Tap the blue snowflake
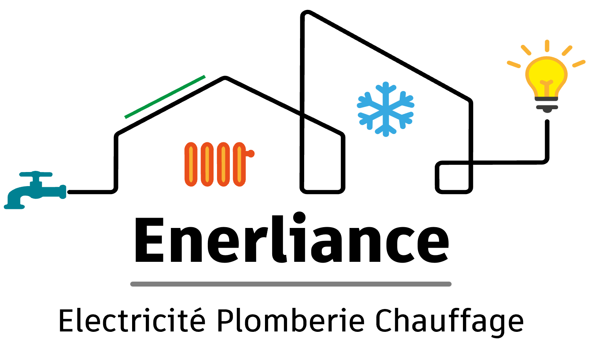point(386,109)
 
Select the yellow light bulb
point(546,76)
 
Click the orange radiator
point(219,164)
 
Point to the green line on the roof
point(165,97)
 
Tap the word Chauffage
point(449,323)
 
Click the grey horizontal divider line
point(291,284)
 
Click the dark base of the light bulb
point(546,105)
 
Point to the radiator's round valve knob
point(250,153)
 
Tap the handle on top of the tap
point(36,174)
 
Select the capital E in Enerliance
point(149,240)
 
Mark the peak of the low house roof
point(225,78)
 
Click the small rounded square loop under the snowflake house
point(454,177)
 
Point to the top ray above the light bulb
point(547,46)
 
